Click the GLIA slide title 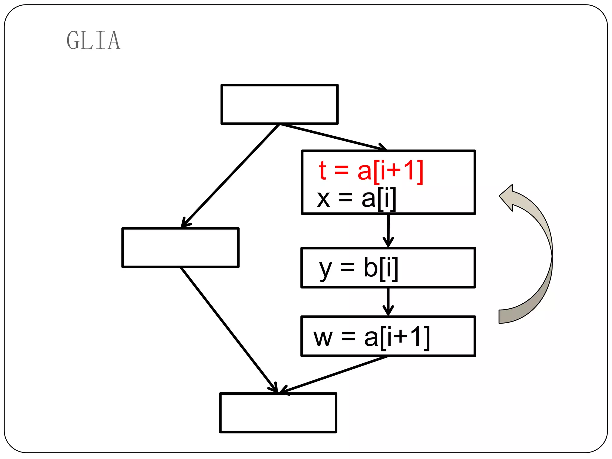point(94,40)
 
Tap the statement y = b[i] point(359,268)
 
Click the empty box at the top point(279,104)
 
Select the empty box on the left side point(180,247)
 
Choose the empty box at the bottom point(278,413)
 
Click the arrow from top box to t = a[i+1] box point(332,137)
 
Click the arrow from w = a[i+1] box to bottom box point(333,375)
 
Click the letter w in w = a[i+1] point(323,338)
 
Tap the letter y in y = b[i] point(325,269)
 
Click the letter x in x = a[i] point(323,199)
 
